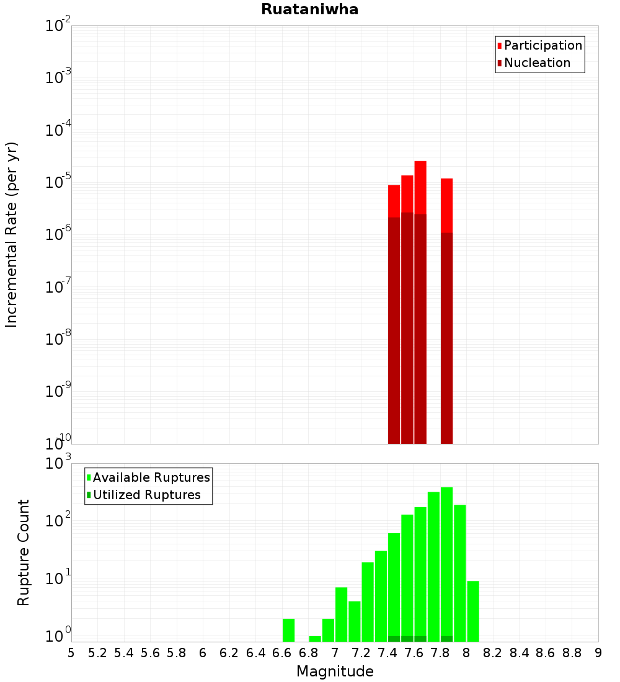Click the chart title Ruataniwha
click(x=309, y=10)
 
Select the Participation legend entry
click(x=542, y=45)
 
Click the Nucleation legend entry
click(x=536, y=63)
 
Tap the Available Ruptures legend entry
click(x=151, y=477)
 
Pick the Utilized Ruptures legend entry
click(x=146, y=495)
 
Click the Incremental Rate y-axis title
click(x=12, y=235)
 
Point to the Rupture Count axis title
click(x=24, y=552)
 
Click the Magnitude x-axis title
click(x=335, y=671)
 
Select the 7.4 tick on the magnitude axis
click(x=387, y=653)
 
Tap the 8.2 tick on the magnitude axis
click(x=493, y=653)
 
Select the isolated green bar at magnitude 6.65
click(x=288, y=630)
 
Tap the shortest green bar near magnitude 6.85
click(x=315, y=639)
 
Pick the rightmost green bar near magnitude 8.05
click(x=473, y=611)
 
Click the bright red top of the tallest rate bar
click(x=420, y=186)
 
